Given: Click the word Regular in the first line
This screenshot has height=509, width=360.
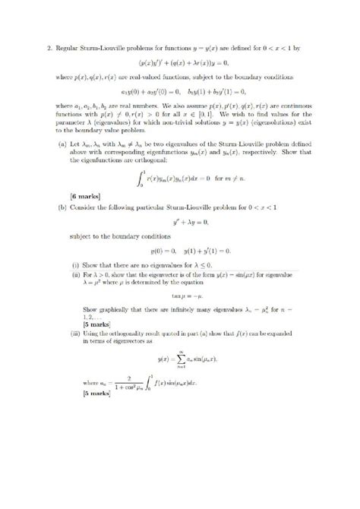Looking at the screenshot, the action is point(68,48).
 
